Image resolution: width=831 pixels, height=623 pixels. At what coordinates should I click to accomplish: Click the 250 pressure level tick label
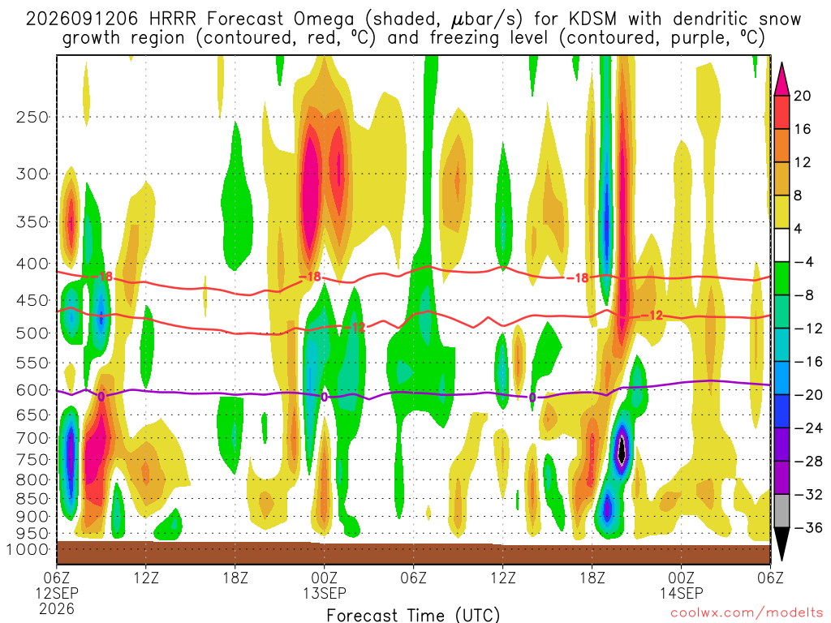tap(32, 117)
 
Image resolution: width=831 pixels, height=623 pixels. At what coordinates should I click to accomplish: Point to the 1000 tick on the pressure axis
tap(28, 550)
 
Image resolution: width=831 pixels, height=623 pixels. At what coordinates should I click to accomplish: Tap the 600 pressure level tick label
tap(32, 390)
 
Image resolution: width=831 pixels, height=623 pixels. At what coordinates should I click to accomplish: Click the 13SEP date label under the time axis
tap(325, 593)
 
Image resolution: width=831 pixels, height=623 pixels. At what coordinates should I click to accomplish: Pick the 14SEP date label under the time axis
tap(681, 593)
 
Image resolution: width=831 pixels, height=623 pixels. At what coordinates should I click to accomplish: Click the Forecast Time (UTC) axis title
tap(413, 615)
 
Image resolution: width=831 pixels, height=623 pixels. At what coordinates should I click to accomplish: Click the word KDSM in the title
tap(592, 19)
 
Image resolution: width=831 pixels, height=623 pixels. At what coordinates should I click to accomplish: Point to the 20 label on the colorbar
tap(802, 96)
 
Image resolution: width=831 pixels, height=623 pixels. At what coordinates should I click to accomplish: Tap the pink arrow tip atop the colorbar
tap(781, 63)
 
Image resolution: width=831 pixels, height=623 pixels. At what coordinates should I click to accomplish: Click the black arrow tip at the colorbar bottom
tap(781, 560)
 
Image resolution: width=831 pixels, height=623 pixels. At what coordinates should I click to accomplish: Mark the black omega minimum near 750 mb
tap(622, 450)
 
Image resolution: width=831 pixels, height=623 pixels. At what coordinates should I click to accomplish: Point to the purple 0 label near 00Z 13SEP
tap(325, 397)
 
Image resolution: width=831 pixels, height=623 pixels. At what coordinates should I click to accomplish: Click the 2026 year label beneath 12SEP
tap(57, 608)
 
